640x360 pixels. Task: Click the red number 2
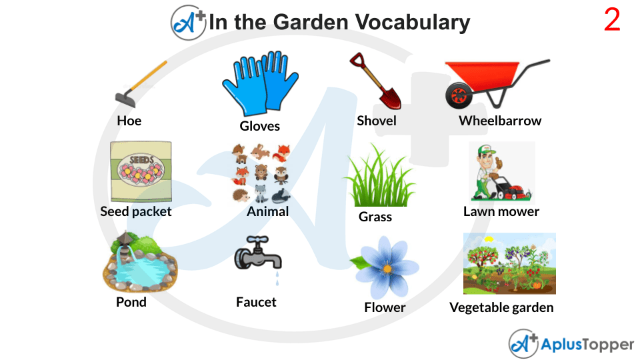click(x=612, y=21)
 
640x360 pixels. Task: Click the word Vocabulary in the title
click(x=412, y=22)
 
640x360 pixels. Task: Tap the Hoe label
click(x=129, y=121)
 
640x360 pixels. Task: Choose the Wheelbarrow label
click(x=500, y=121)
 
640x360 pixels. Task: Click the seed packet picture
click(x=141, y=171)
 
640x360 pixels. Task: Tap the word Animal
click(x=267, y=211)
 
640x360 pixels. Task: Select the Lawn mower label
click(x=501, y=211)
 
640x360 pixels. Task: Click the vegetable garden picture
click(x=509, y=263)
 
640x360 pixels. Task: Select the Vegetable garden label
click(x=501, y=307)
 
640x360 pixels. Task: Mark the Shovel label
click(x=376, y=121)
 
